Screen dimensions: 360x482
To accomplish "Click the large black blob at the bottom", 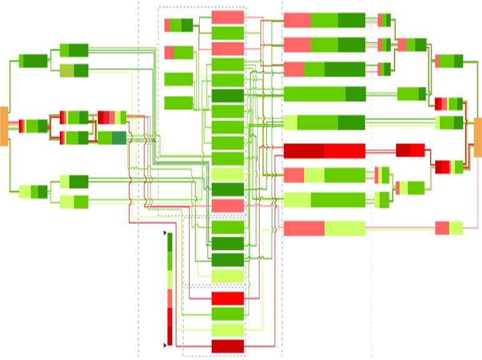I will pos(159,346).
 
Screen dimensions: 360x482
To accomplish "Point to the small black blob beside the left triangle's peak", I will pos(162,235).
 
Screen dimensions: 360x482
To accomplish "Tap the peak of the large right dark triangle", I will pos(372,234).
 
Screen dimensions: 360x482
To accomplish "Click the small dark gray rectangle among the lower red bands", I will pos(200,287).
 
